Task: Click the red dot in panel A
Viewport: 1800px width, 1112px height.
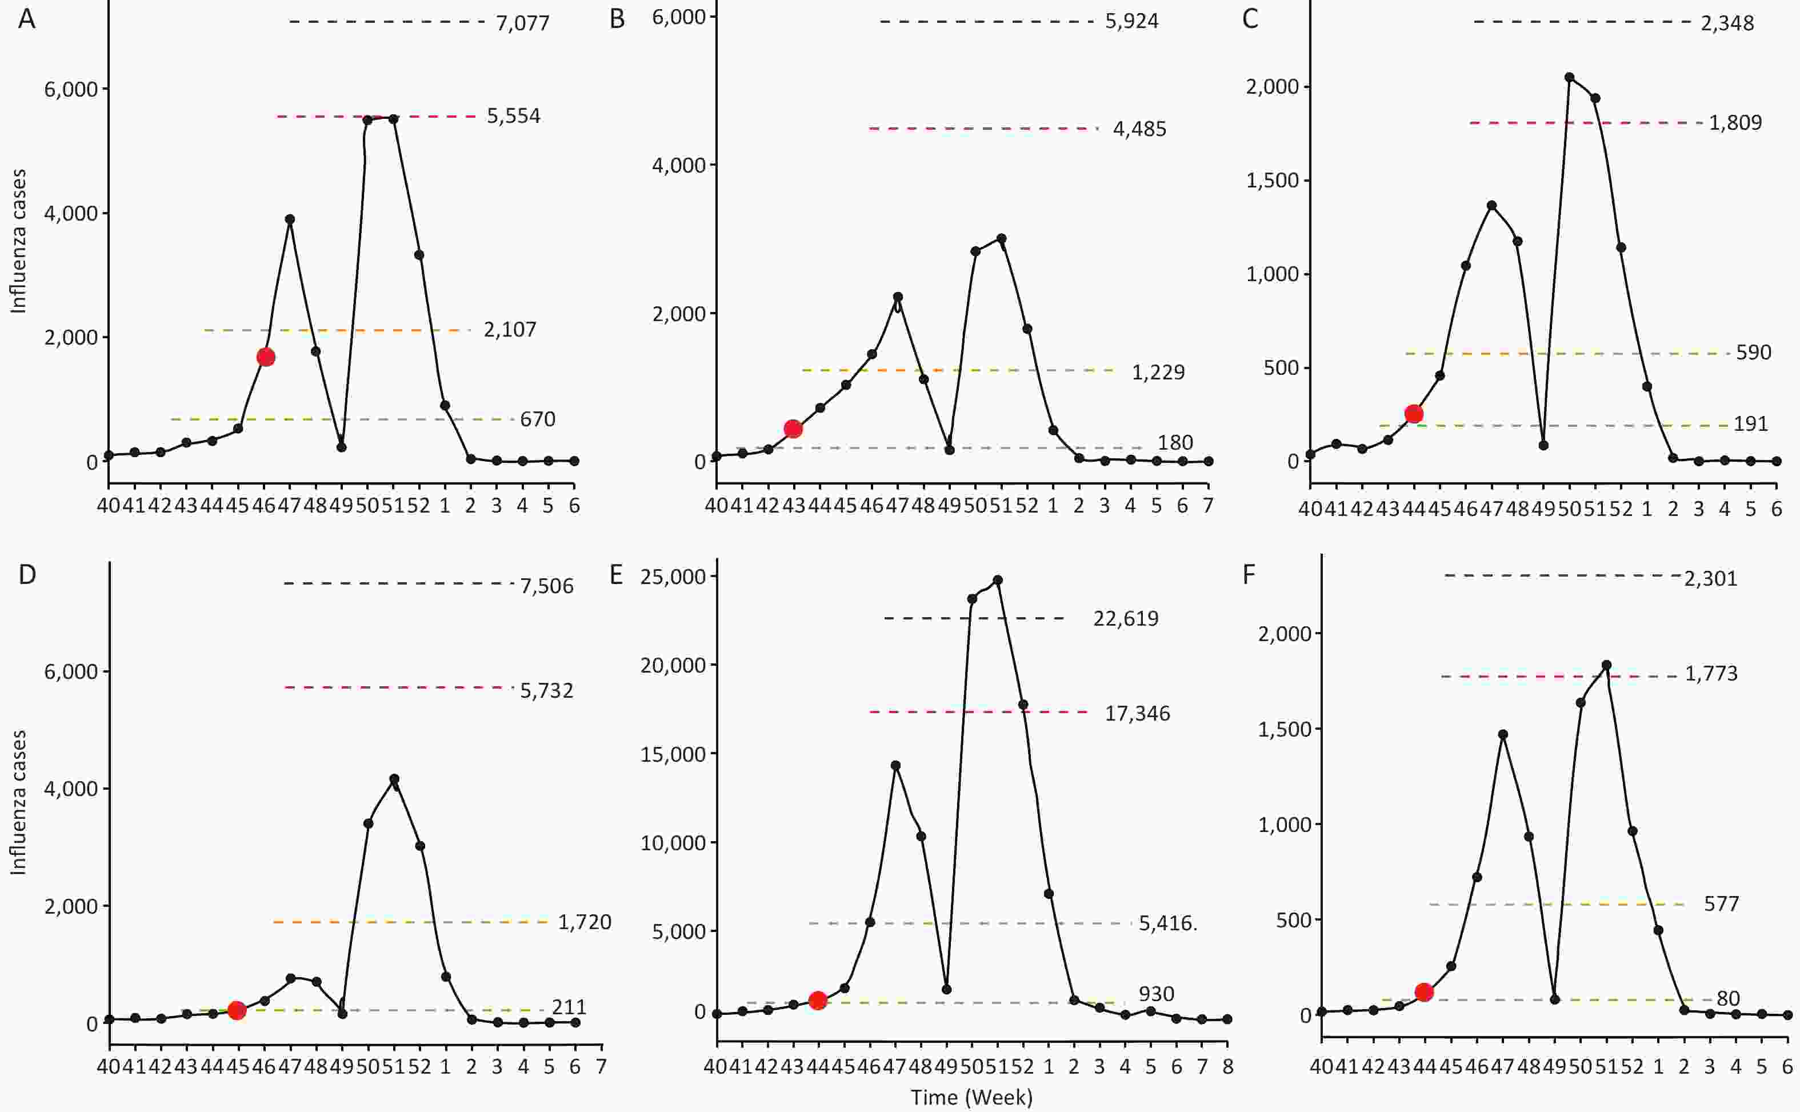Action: coord(266,358)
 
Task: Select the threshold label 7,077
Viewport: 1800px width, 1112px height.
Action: coord(522,23)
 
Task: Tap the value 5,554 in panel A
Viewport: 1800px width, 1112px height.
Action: coord(513,116)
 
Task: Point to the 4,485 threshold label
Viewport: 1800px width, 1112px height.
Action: coord(1139,130)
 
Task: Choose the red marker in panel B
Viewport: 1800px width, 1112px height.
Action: coord(793,429)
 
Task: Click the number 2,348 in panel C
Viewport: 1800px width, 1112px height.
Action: coord(1727,23)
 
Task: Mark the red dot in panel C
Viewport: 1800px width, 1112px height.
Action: coord(1413,414)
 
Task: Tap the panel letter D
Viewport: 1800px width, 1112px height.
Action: coord(27,574)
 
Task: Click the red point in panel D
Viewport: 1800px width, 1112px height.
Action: coord(237,1010)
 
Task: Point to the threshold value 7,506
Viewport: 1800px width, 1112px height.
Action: coord(546,586)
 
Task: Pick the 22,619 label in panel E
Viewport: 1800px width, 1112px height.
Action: coord(1125,618)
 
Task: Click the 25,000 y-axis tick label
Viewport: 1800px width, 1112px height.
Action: coord(673,577)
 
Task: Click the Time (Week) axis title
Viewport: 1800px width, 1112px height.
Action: coord(971,1097)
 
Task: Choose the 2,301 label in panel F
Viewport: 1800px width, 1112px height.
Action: coord(1710,579)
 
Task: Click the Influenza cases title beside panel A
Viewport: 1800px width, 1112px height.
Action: coord(18,241)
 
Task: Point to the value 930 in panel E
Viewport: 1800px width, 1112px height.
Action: coord(1156,994)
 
